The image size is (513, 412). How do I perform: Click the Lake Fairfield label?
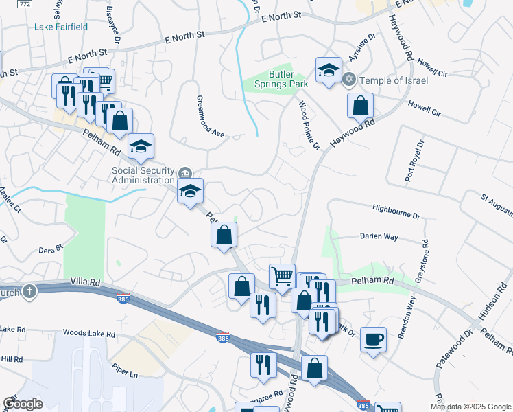tap(60, 27)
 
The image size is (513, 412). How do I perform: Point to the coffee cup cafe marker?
tap(373, 339)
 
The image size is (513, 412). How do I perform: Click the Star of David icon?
tap(349, 80)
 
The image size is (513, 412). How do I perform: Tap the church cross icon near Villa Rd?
tap(29, 292)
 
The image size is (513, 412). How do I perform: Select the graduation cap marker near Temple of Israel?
tap(329, 70)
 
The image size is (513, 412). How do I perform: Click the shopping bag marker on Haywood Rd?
tap(360, 106)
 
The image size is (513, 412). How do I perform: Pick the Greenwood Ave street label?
tap(212, 117)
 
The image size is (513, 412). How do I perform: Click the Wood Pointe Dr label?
tap(309, 125)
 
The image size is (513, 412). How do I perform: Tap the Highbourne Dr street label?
tap(396, 211)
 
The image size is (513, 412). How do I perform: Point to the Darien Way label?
tap(379, 236)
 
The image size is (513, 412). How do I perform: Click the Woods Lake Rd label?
tap(88, 333)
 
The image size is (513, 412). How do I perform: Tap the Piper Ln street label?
tap(125, 374)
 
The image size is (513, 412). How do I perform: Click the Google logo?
tap(23, 404)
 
